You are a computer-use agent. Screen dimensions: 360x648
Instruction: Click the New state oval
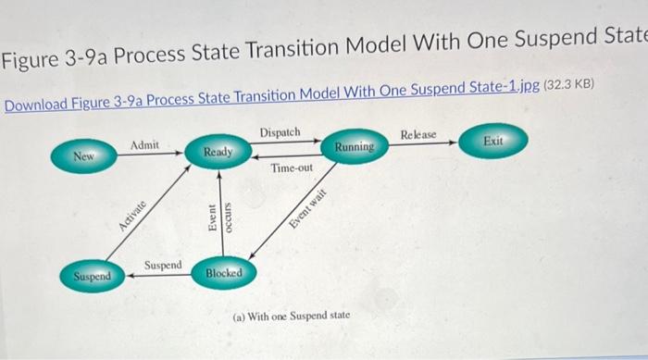[x=85, y=157]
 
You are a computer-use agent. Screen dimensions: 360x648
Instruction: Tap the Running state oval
[x=355, y=146]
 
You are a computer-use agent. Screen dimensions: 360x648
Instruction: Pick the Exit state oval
[x=493, y=141]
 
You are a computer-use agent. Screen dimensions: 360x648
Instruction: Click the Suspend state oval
[x=93, y=276]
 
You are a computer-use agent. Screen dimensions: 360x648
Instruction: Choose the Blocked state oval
[x=224, y=273]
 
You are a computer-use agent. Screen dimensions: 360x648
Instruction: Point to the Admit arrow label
[x=144, y=145]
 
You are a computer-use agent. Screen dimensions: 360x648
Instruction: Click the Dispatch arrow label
[x=280, y=133]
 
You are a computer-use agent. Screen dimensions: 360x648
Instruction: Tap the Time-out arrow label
[x=292, y=168]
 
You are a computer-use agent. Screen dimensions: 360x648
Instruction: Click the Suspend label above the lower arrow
[x=164, y=265]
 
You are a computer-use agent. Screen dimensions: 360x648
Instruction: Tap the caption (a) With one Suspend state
[x=291, y=316]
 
